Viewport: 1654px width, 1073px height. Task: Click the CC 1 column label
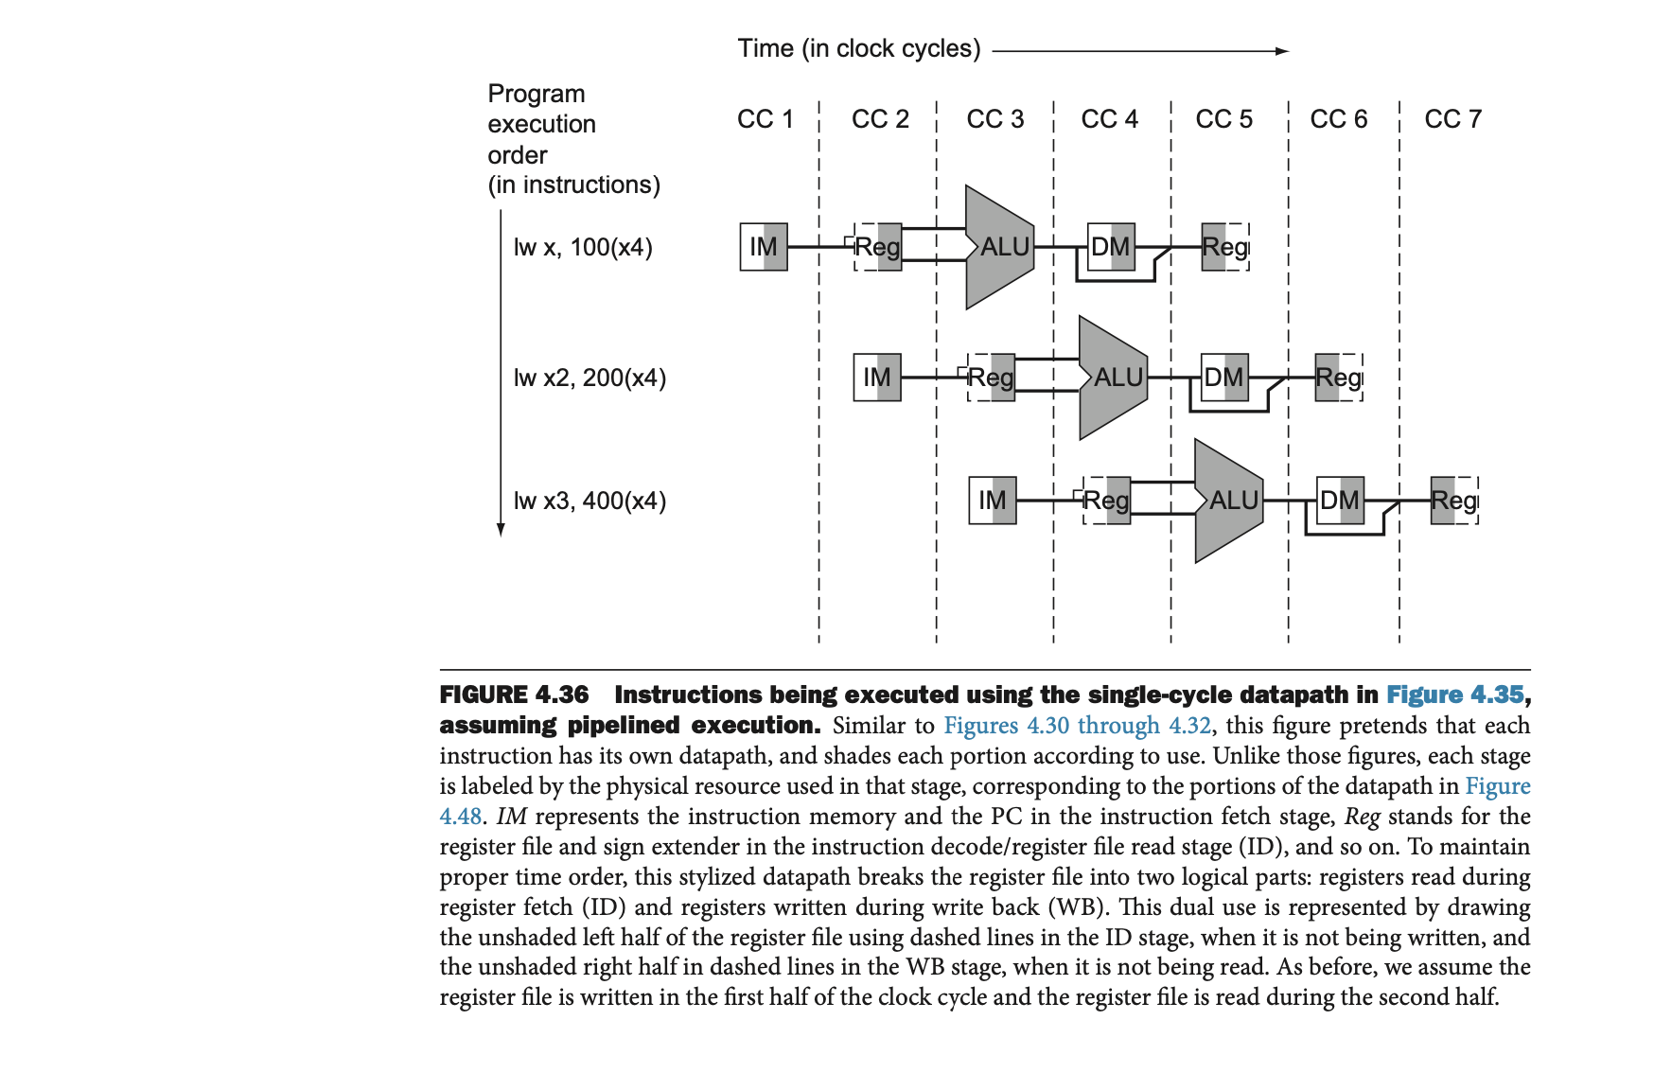(765, 119)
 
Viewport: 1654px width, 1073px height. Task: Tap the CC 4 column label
(1109, 119)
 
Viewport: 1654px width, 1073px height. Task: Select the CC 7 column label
(1452, 119)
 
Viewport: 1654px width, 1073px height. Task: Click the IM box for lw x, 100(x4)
(764, 247)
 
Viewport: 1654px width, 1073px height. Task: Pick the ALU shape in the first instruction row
(1000, 247)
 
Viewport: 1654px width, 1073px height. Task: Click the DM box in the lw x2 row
(1224, 378)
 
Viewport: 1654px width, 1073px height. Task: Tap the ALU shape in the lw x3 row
(1230, 501)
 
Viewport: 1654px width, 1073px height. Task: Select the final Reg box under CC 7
(1454, 501)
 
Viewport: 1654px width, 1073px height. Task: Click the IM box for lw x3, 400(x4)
(993, 501)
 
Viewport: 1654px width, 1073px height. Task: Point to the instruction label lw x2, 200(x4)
(589, 378)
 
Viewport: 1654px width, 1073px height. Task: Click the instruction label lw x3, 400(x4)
(589, 501)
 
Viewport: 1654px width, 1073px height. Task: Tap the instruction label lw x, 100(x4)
(583, 248)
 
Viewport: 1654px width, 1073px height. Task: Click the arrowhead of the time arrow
(1282, 51)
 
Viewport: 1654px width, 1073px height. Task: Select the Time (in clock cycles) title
(858, 48)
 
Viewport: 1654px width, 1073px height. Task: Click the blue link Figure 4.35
(1454, 695)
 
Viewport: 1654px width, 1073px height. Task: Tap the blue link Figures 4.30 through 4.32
(1077, 726)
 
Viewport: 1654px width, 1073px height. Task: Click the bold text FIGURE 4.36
(514, 695)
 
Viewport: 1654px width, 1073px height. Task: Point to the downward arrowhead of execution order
(501, 530)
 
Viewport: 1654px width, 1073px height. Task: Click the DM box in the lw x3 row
(1340, 501)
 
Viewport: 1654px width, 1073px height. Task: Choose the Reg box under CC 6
(1339, 378)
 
